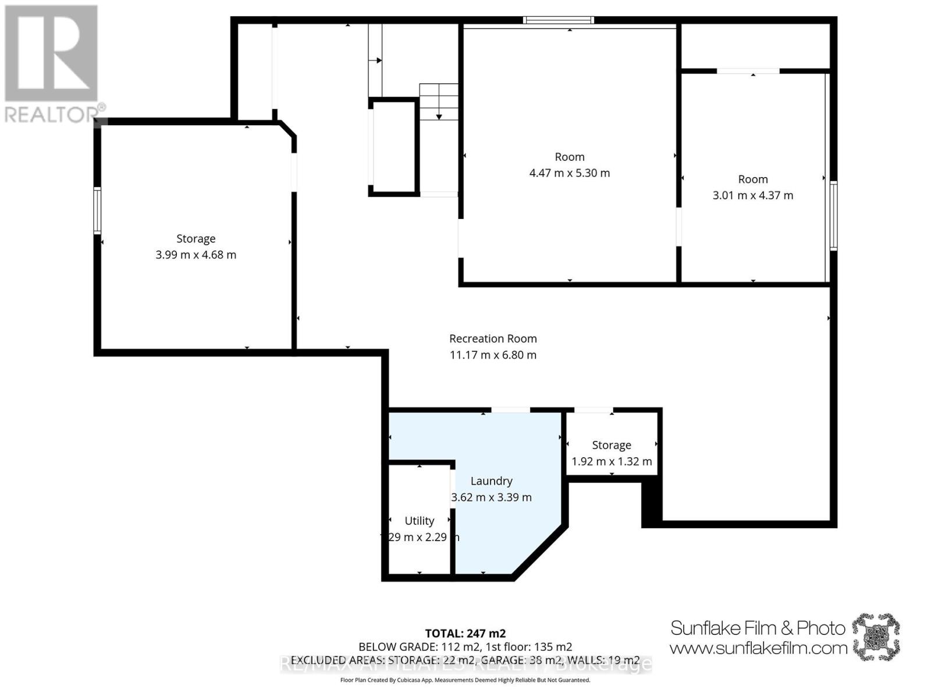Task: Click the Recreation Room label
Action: pos(493,338)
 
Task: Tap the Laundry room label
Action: pos(492,481)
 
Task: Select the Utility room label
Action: pos(420,521)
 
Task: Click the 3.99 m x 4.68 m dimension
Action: pos(196,255)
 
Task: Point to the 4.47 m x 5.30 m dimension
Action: pos(570,173)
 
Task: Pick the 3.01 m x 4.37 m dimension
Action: pos(753,195)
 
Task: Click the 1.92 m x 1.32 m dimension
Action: pos(612,461)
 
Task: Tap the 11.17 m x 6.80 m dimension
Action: pos(493,355)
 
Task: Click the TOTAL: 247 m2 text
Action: pos(465,633)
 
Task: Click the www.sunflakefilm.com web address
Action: pos(758,648)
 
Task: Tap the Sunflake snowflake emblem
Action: pos(876,636)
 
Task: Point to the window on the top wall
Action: pos(558,20)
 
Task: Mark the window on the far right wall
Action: pos(833,216)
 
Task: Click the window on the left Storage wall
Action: pos(98,211)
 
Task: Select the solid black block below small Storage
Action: pos(652,504)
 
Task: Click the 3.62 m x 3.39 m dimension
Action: pos(492,497)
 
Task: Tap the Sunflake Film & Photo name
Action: pos(758,628)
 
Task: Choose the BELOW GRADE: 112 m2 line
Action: pos(465,647)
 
